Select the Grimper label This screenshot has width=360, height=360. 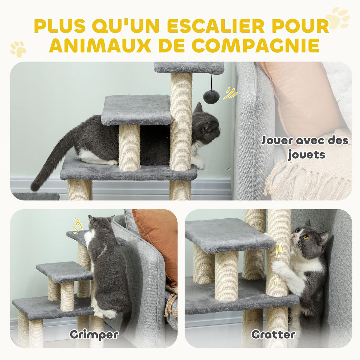94,334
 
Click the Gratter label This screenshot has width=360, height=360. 273,334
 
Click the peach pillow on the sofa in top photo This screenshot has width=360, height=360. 300,96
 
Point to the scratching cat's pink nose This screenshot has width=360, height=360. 294,237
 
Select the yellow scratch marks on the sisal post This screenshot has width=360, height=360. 279,249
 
